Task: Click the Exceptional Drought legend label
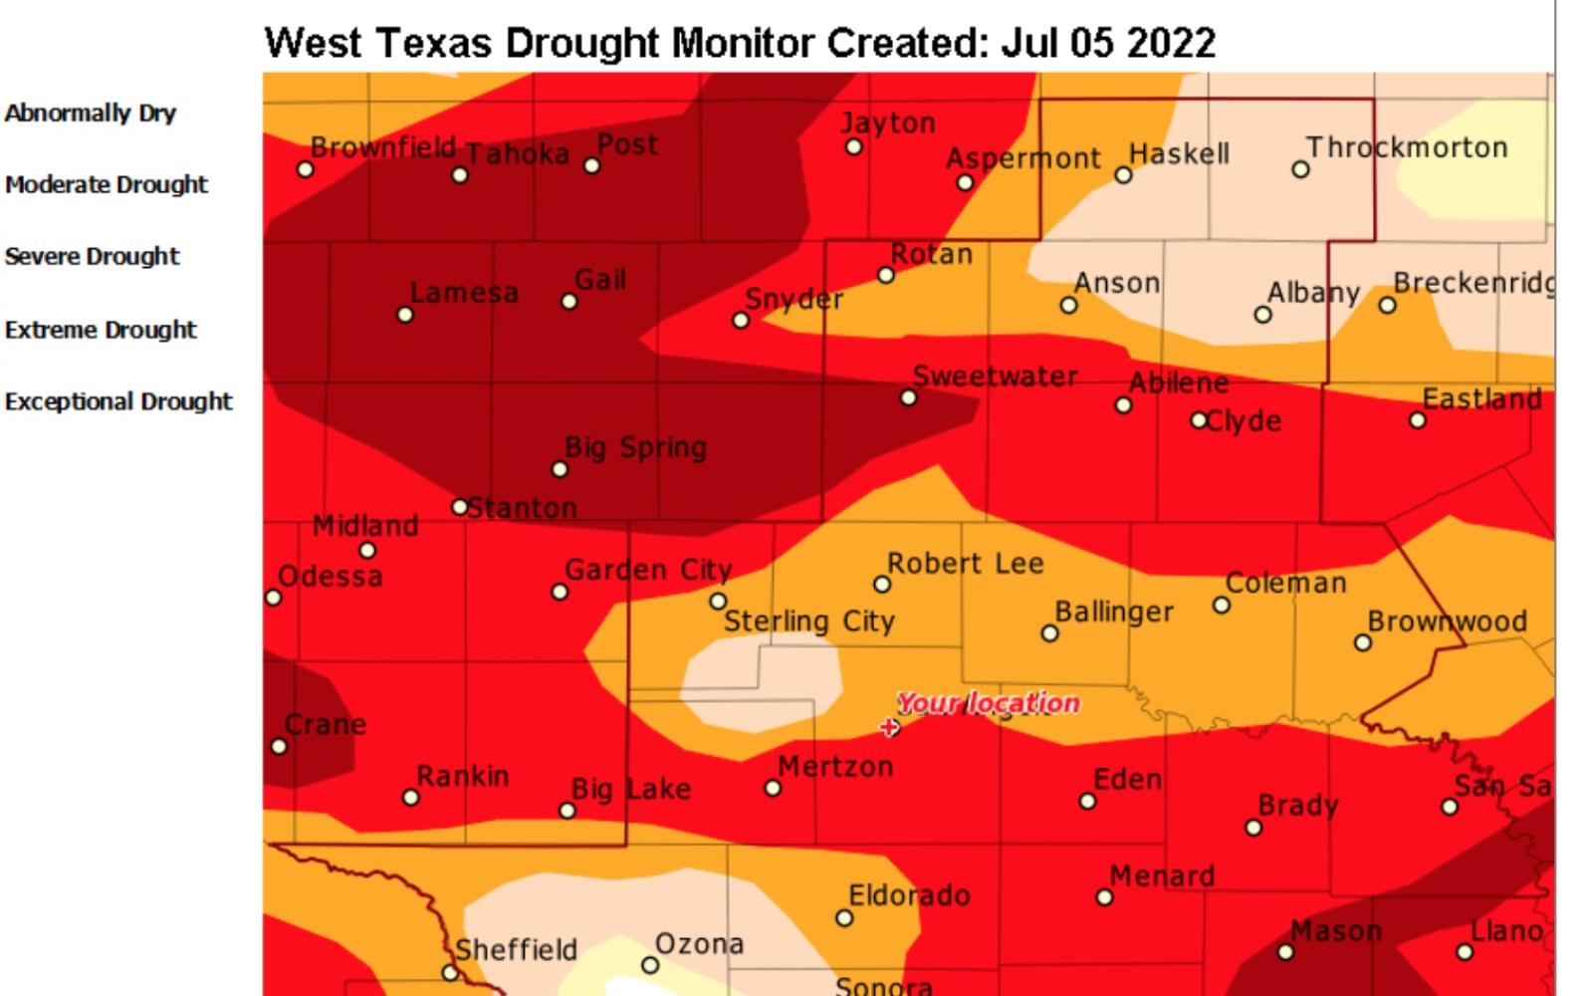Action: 118,401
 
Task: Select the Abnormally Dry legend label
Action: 91,113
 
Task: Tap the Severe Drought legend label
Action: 93,256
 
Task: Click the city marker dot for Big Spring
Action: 560,469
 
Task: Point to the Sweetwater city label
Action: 995,376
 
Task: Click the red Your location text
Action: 988,703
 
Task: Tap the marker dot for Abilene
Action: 1123,405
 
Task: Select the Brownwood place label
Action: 1447,622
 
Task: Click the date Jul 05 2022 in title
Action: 1108,44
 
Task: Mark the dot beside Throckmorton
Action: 1300,170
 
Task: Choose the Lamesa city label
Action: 464,293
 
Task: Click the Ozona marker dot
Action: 650,965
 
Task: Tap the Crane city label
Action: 326,724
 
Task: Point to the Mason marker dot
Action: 1285,952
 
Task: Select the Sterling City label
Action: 808,622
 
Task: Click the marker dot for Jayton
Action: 853,147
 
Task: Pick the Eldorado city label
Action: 909,895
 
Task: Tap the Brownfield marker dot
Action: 306,169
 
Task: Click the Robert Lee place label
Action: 965,564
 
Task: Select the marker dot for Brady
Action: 1253,828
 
